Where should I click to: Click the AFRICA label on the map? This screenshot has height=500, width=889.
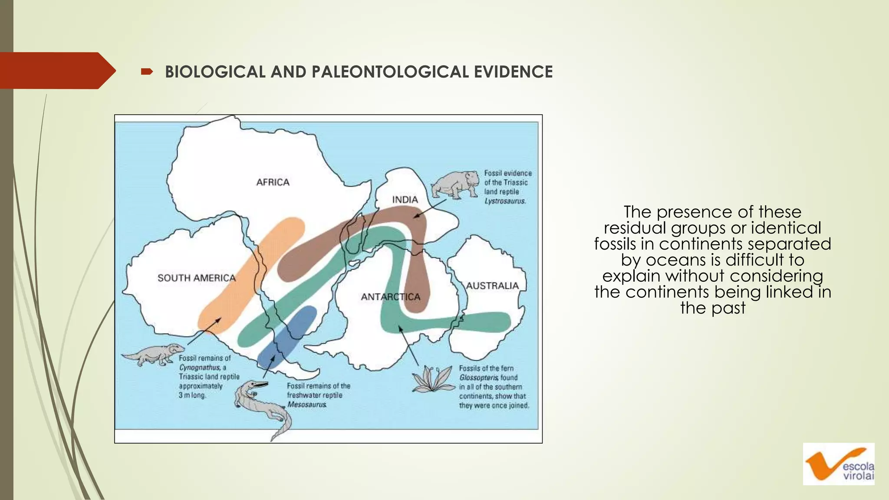[x=273, y=182]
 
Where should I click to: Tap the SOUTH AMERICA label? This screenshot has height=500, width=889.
[x=196, y=278]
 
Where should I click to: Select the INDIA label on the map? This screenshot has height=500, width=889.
[x=405, y=200]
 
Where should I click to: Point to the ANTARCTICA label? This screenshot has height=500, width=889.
[x=391, y=297]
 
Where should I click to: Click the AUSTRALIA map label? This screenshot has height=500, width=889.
[x=492, y=286]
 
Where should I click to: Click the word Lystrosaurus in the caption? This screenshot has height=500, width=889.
[x=505, y=201]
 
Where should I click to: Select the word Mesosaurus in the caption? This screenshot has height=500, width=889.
[x=307, y=405]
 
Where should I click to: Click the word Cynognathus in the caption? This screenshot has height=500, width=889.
[x=200, y=368]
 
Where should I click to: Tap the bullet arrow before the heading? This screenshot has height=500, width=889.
[x=147, y=72]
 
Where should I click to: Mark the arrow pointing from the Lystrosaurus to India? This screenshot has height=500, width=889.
[x=430, y=208]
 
